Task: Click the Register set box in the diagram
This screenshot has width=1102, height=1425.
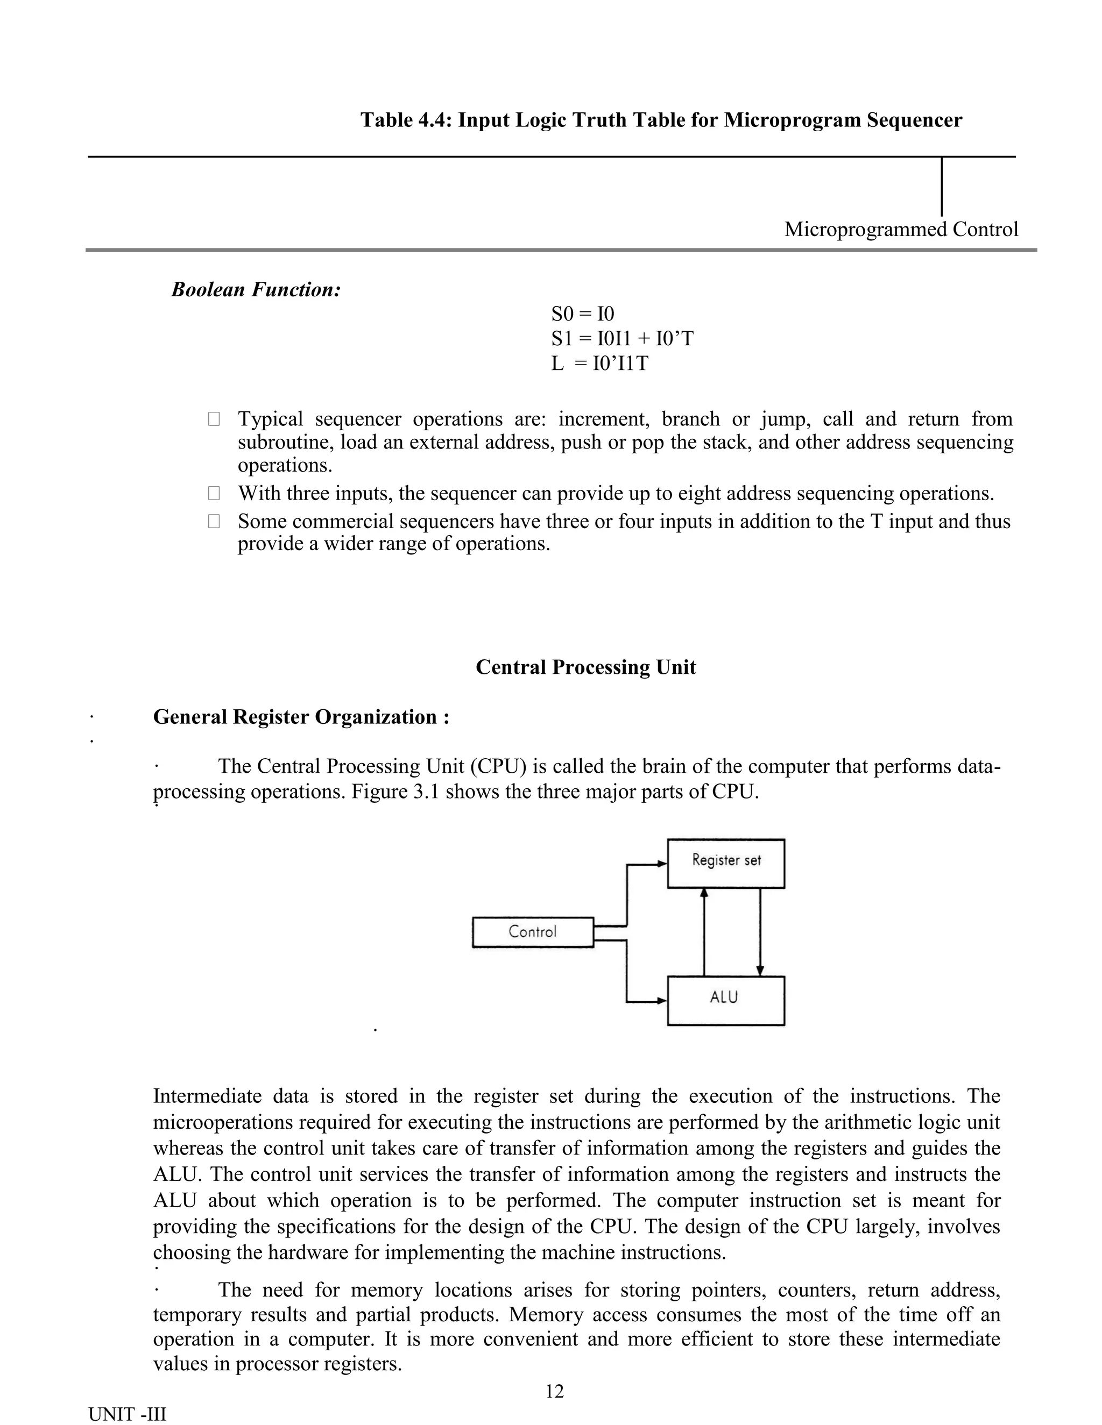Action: click(725, 863)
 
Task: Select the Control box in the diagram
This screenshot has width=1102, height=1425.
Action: click(533, 932)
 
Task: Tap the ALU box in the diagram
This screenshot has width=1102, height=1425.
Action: click(725, 1000)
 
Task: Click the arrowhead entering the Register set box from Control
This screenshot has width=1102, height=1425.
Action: click(662, 865)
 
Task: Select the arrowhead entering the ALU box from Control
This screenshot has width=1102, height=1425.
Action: click(662, 1001)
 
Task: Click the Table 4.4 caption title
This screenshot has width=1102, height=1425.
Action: click(661, 120)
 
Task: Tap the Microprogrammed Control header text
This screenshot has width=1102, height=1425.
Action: click(900, 230)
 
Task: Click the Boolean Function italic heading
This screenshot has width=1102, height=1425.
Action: click(256, 290)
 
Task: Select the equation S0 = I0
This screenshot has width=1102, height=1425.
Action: click(582, 315)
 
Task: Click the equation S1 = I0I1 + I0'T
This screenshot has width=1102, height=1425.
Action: click(621, 339)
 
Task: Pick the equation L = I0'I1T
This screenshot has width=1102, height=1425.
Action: click(599, 364)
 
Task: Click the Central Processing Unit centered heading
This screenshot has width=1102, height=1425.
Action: click(585, 667)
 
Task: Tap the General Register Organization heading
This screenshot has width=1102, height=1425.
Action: click(301, 717)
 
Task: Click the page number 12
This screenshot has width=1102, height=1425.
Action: click(554, 1392)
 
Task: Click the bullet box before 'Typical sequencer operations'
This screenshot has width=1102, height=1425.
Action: click(214, 419)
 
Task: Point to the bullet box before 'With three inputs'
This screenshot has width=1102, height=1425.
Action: click(214, 493)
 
